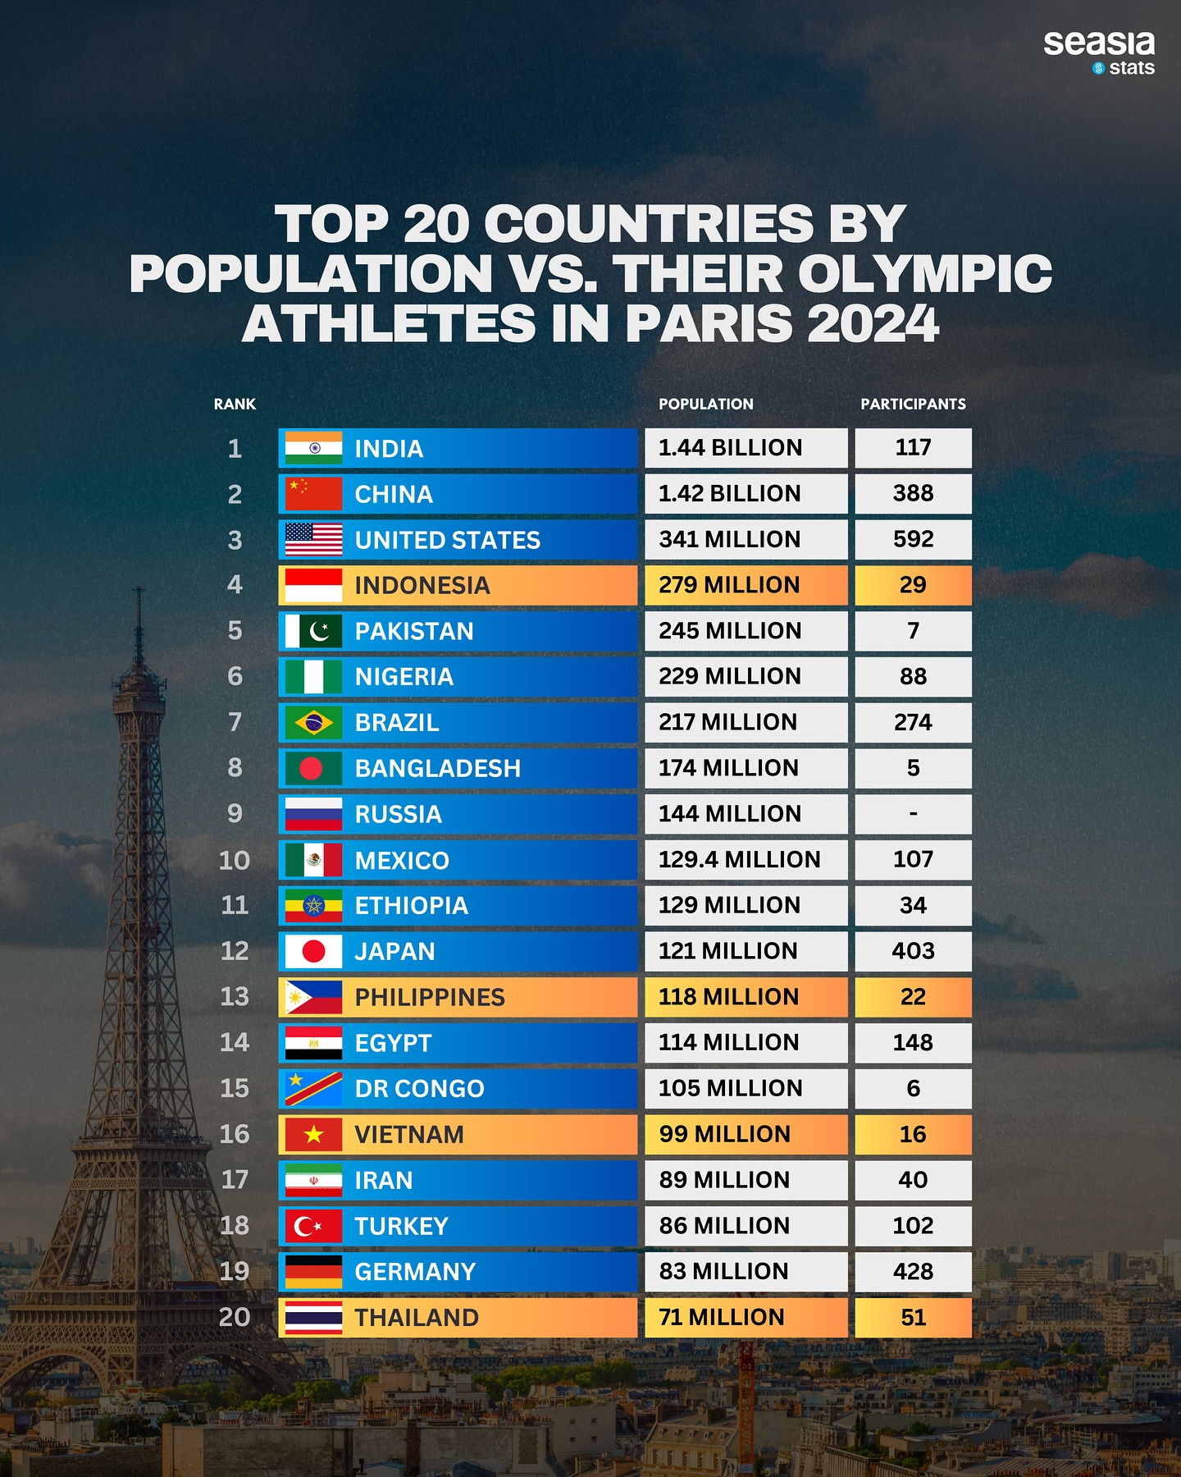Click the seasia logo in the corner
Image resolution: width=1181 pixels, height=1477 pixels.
[1098, 45]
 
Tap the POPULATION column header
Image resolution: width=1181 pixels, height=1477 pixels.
[705, 404]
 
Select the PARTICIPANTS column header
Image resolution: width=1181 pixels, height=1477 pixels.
[913, 404]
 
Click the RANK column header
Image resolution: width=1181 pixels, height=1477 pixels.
[235, 404]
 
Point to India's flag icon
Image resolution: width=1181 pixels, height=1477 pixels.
[313, 448]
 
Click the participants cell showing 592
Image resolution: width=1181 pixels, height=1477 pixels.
[913, 539]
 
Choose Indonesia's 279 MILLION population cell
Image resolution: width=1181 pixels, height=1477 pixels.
[745, 585]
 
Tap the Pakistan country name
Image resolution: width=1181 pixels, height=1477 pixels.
[414, 631]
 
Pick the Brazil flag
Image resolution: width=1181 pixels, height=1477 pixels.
[313, 722]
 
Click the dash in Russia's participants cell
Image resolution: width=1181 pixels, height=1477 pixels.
[913, 813]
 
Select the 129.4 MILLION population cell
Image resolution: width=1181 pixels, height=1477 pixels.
[745, 859]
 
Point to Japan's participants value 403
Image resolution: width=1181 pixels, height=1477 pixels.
[913, 950]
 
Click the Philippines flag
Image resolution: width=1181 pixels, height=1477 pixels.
[313, 997]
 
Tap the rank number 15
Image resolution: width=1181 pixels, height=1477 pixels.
[235, 1088]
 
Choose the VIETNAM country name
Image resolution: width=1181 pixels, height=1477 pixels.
[409, 1134]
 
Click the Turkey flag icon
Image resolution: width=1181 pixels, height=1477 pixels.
[313, 1226]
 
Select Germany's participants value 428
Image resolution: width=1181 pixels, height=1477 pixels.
[913, 1271]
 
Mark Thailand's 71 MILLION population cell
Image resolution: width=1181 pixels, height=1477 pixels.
[745, 1317]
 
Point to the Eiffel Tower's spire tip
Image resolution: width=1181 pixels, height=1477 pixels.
[139, 589]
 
